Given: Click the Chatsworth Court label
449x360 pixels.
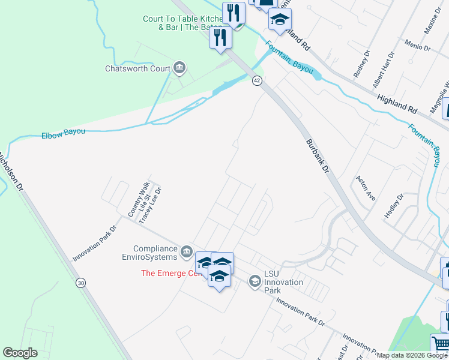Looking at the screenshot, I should click(x=138, y=68).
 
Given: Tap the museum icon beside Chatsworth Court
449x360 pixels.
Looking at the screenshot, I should click(x=179, y=68).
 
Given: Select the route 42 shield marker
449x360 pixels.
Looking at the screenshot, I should click(x=256, y=80).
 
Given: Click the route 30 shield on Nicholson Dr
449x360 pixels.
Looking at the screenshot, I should click(x=80, y=283).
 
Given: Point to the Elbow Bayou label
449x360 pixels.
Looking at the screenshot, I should click(x=63, y=133).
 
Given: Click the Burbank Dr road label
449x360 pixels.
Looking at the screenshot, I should click(x=318, y=157).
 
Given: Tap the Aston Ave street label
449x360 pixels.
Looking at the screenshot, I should click(x=366, y=188).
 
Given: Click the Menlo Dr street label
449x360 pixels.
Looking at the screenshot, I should click(x=418, y=46).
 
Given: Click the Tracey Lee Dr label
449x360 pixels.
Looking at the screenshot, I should click(x=151, y=205).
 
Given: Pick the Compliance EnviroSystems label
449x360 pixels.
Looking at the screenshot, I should click(x=155, y=253).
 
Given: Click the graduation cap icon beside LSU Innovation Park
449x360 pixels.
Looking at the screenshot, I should click(x=255, y=280).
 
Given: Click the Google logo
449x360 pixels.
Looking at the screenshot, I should click(x=20, y=353).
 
